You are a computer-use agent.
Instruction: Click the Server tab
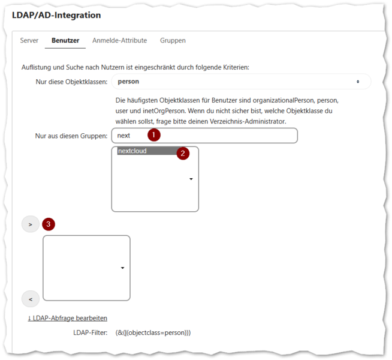29,41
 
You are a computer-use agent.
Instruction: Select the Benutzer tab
65,41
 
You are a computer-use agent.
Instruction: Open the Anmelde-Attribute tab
119,41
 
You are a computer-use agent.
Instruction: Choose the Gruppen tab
173,41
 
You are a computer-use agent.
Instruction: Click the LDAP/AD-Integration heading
56,15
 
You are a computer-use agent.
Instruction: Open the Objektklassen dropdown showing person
241,82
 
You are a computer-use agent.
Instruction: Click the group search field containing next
204,136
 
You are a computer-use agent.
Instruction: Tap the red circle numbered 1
154,135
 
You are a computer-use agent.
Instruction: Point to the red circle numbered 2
183,154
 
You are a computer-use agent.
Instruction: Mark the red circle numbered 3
49,224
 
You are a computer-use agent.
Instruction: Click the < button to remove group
31,299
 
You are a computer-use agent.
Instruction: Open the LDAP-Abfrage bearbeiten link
68,318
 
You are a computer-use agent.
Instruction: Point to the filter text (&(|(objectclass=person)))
153,333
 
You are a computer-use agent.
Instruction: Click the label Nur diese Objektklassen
71,82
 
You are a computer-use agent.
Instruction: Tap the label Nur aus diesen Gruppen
71,136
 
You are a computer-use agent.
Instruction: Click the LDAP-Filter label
91,333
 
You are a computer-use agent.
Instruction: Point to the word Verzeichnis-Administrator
248,121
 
